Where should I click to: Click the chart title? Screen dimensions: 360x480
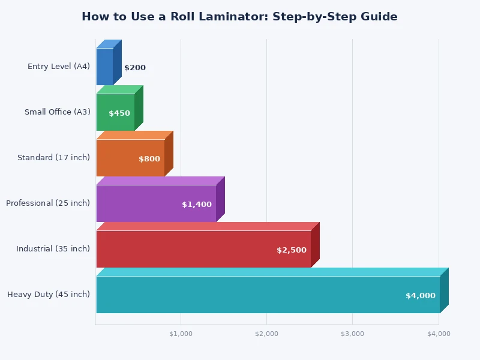[239, 17]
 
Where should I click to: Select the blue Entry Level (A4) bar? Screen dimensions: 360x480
[105, 67]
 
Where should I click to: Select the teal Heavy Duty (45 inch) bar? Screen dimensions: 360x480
[268, 295]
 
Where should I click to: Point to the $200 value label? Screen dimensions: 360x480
[135, 68]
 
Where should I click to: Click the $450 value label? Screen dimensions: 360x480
[119, 113]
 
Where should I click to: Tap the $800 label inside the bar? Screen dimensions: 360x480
[149, 159]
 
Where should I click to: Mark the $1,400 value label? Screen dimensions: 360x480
[197, 205]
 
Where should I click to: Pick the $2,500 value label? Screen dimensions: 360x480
[292, 250]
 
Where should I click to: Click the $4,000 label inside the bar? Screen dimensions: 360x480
[421, 296]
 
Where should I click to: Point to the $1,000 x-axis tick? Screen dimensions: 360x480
[181, 334]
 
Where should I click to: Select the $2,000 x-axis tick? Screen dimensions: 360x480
[267, 334]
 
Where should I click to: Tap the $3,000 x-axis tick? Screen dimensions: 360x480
[353, 334]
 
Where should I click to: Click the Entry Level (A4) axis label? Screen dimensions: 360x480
[59, 67]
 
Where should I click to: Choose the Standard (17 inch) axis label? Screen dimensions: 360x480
[53, 158]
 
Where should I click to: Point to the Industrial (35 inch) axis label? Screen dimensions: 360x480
[53, 249]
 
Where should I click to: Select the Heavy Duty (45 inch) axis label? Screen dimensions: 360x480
[49, 295]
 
